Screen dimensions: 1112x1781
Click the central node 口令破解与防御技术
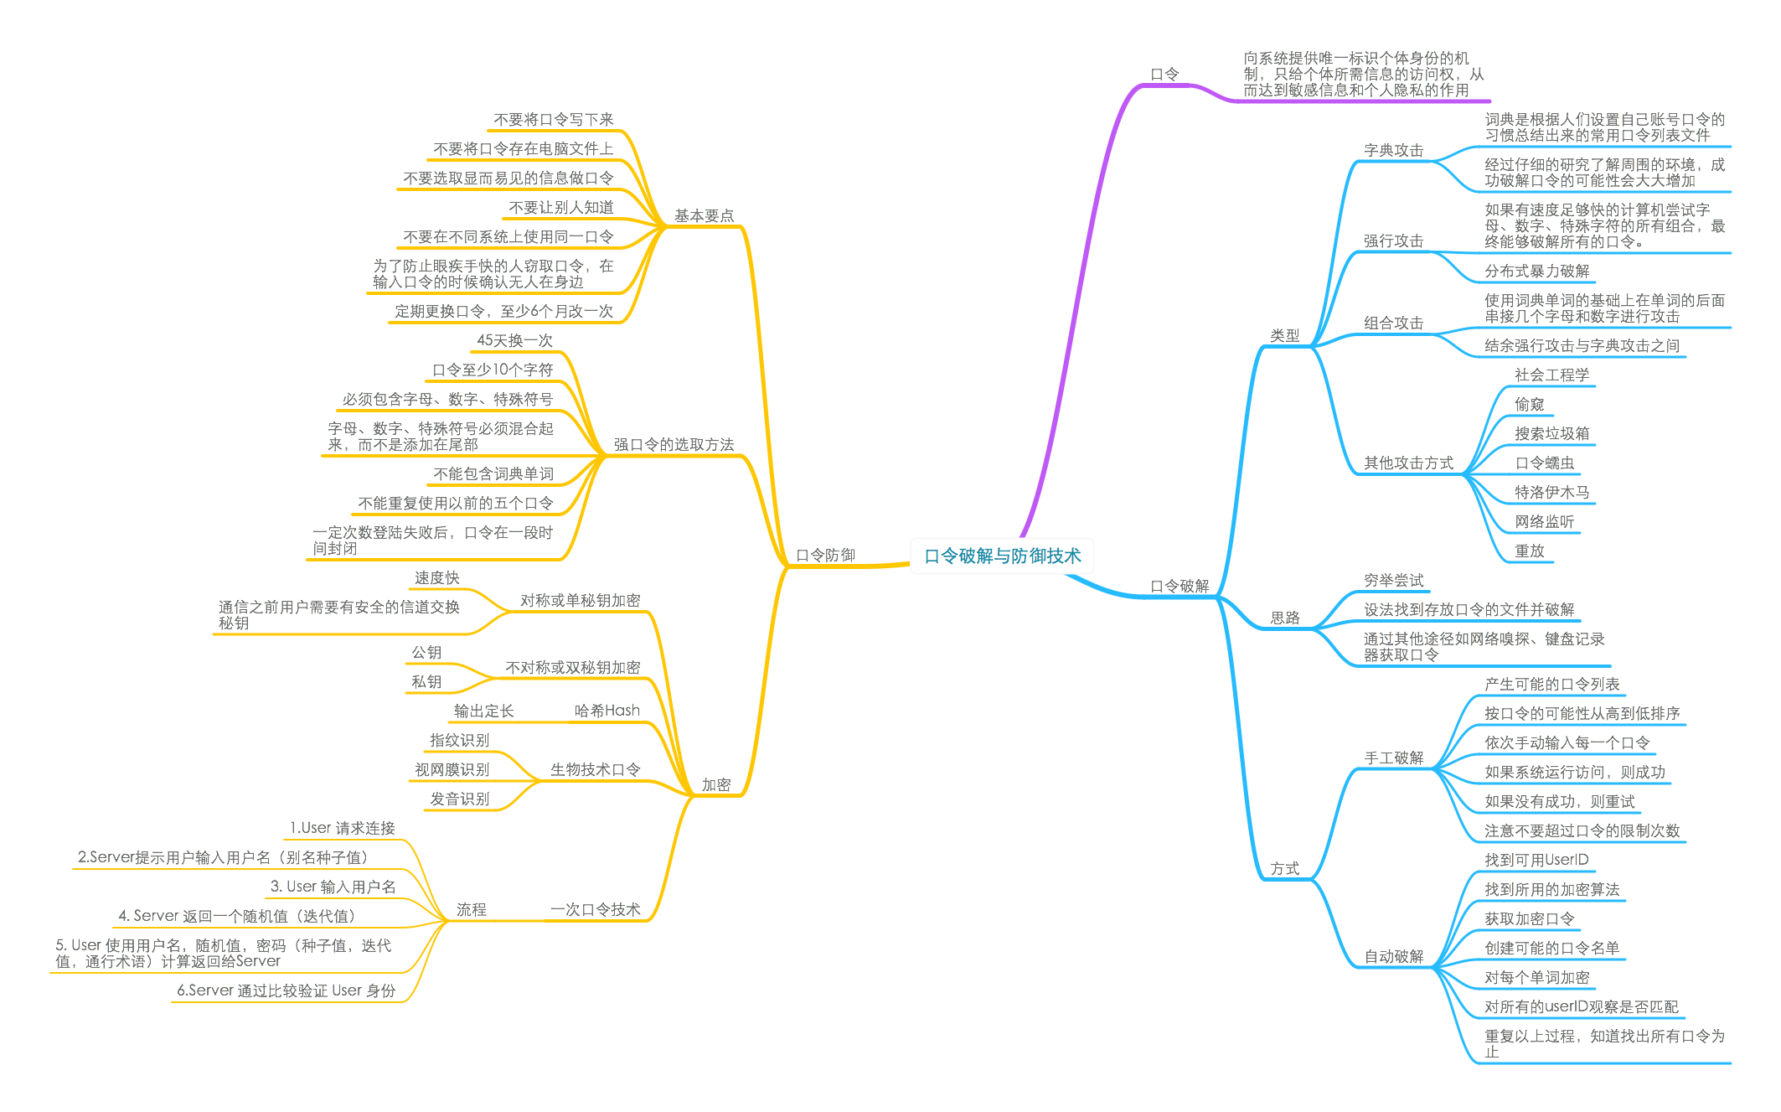click(1002, 556)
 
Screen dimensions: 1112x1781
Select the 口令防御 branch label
click(825, 555)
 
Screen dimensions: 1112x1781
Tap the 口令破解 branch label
click(1180, 586)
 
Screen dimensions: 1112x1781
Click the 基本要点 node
click(704, 215)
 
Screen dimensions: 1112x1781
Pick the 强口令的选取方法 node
click(674, 444)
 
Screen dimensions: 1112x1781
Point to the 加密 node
click(716, 784)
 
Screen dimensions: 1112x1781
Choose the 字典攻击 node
click(1393, 150)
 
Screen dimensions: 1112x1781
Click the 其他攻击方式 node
click(1407, 463)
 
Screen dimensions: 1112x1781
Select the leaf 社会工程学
click(1551, 375)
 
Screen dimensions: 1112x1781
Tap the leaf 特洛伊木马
click(1551, 492)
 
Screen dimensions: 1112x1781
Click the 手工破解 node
click(1393, 758)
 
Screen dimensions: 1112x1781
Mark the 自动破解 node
click(1393, 956)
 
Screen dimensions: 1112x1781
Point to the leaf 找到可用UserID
click(1536, 860)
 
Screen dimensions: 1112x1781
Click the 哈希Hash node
click(607, 711)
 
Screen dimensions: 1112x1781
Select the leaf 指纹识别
click(459, 740)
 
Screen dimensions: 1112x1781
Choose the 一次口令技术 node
click(595, 909)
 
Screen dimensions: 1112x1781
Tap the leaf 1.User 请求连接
click(342, 828)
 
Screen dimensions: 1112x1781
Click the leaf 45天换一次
click(514, 340)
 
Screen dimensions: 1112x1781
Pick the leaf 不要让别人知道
click(560, 207)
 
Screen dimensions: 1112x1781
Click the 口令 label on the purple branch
click(1164, 74)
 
